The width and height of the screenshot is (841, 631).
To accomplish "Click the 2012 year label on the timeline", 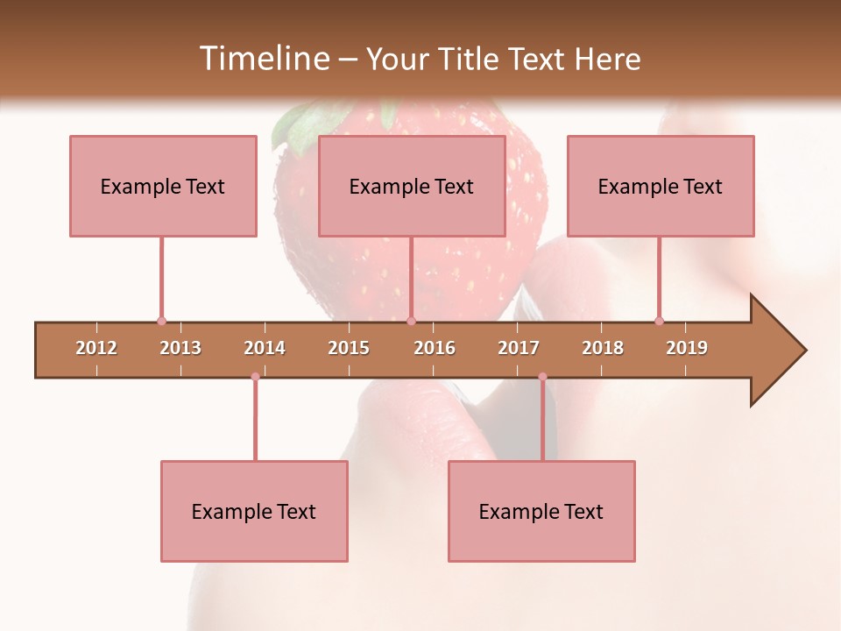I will (96, 348).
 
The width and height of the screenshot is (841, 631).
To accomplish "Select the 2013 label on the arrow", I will (180, 348).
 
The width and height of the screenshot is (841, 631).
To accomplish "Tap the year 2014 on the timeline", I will (265, 348).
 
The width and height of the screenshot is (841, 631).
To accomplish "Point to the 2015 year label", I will (349, 348).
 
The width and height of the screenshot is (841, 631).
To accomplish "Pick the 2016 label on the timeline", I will (435, 348).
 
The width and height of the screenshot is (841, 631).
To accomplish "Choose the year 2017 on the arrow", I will (519, 348).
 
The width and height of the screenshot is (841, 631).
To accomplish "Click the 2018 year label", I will (603, 348).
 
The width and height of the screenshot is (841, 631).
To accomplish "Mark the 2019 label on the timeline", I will (687, 348).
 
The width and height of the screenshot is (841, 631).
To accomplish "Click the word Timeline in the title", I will (262, 59).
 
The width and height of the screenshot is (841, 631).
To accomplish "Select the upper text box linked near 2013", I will (163, 186).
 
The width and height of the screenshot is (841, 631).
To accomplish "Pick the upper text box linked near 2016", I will (412, 186).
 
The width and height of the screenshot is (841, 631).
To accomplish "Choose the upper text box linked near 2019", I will (661, 186).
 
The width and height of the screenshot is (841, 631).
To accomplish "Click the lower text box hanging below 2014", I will (254, 512).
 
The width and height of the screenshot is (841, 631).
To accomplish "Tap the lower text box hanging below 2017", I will (541, 512).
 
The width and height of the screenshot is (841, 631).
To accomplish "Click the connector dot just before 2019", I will (659, 321).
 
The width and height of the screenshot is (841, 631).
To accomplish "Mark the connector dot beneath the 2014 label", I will (255, 377).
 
